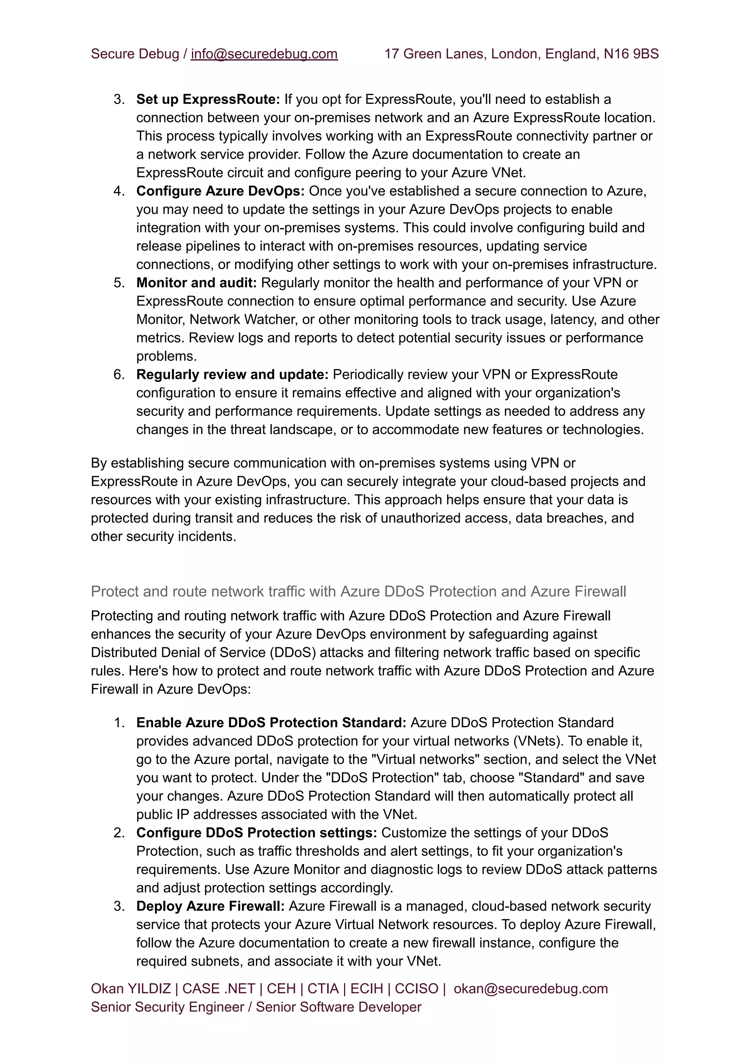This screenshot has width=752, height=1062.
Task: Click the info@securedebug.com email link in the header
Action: click(x=264, y=54)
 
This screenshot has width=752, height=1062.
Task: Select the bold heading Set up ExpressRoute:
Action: click(x=208, y=99)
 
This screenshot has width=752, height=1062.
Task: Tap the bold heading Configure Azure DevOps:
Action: click(x=220, y=191)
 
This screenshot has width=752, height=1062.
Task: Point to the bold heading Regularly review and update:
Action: click(x=232, y=374)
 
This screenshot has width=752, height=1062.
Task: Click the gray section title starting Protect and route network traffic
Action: click(x=358, y=591)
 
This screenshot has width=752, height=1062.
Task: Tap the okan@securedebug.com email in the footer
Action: click(x=530, y=988)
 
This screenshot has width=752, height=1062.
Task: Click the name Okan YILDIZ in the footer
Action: click(x=131, y=988)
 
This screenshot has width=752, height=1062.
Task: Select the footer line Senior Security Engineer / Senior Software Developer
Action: click(x=256, y=1007)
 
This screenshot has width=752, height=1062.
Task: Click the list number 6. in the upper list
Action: click(x=119, y=374)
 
